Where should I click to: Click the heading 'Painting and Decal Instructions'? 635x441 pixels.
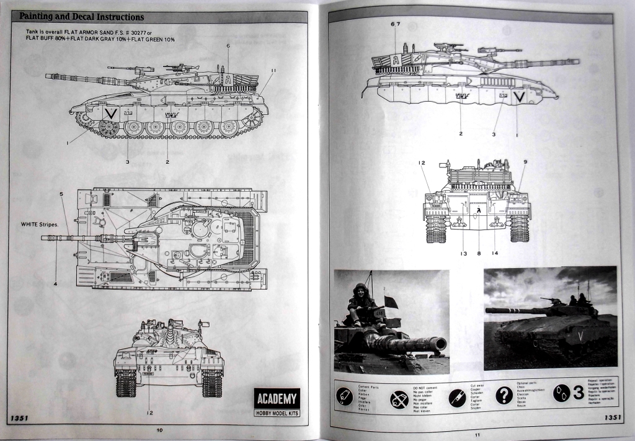click(x=82, y=17)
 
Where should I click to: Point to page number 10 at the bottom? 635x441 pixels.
click(x=159, y=429)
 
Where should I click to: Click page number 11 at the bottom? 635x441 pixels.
click(x=477, y=434)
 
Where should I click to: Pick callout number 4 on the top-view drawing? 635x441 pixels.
click(x=55, y=283)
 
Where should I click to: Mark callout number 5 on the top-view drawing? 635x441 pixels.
click(x=61, y=194)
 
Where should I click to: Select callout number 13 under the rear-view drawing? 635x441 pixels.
click(x=463, y=253)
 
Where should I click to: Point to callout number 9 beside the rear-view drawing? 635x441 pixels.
click(x=525, y=163)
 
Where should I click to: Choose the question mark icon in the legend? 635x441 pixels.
click(x=504, y=395)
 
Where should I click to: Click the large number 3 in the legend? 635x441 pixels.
click(x=577, y=392)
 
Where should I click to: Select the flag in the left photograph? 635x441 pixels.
click(x=391, y=301)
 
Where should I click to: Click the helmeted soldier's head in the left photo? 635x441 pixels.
click(x=360, y=290)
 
